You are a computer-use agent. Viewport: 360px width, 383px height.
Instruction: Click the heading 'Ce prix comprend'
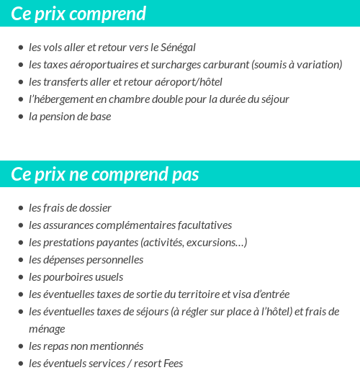(x=78, y=14)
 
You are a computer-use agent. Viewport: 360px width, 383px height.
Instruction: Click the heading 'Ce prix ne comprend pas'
(x=105, y=175)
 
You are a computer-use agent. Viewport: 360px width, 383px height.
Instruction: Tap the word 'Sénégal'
(x=177, y=48)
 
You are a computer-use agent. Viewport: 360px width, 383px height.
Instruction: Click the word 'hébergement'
(x=63, y=99)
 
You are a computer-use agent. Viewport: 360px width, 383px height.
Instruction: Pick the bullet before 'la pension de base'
(x=20, y=117)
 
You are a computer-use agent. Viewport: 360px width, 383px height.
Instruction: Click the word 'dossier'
(x=95, y=208)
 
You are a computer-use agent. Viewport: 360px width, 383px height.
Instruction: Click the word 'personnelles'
(x=114, y=260)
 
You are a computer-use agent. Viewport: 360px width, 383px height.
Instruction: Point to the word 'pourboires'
(x=65, y=277)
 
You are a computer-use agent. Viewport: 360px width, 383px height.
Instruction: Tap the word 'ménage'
(x=47, y=329)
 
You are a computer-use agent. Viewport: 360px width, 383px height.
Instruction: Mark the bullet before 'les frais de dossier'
(x=20, y=208)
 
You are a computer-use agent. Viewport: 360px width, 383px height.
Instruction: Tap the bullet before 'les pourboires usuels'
(x=20, y=277)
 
